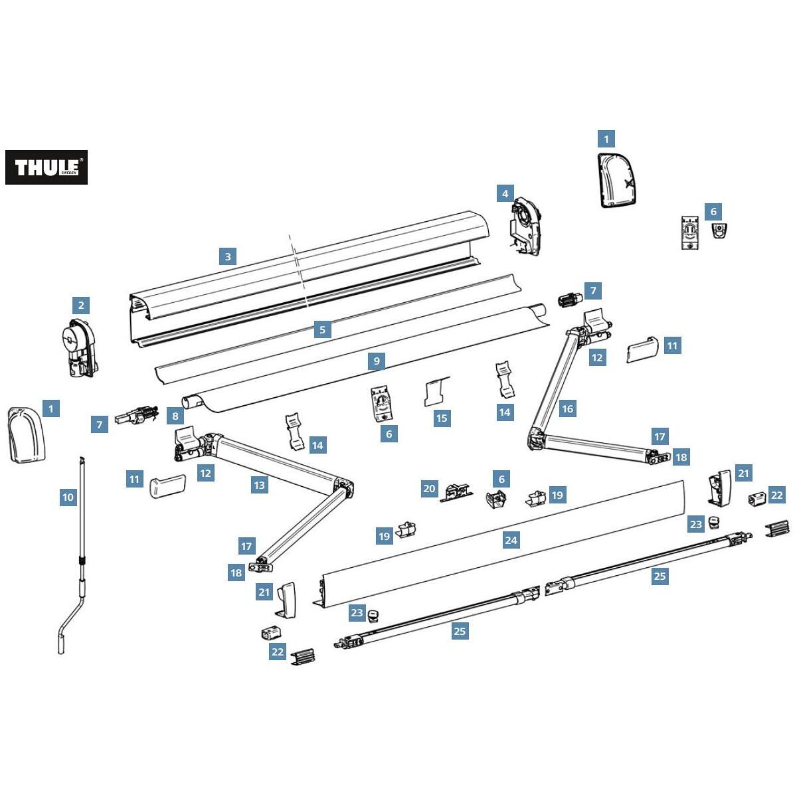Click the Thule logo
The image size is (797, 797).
(46, 167)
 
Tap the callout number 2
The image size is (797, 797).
(81, 306)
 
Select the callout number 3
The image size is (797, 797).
(228, 256)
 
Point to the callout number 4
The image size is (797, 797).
(505, 194)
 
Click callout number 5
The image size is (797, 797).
(323, 329)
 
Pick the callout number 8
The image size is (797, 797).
(175, 417)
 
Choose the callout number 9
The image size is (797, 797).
(377, 361)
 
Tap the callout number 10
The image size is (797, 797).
(68, 497)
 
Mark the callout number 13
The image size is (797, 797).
(259, 486)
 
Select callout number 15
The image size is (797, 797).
(442, 418)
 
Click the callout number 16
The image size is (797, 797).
(567, 409)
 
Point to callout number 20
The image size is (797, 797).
(430, 489)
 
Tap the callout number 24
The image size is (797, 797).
(511, 540)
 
